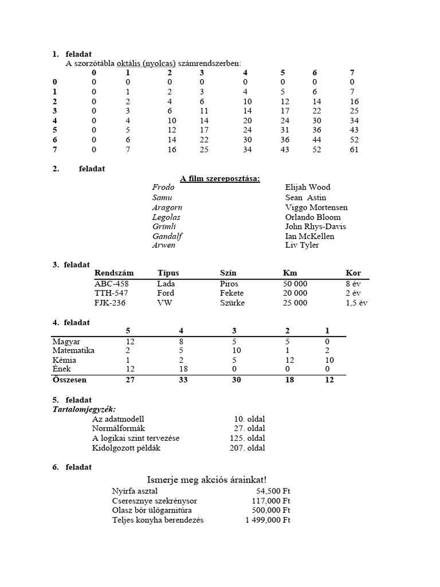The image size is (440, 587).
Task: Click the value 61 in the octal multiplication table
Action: pos(354,150)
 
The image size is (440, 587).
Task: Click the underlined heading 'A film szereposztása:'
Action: pos(220,179)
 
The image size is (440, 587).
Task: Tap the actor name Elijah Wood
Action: pos(308,187)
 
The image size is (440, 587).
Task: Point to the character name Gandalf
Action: pos(167,236)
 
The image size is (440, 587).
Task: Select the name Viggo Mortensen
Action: pos(316,207)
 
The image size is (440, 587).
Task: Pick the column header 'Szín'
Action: pos(228,273)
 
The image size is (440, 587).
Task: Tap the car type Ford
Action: pos(166,293)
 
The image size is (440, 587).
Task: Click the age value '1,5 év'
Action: pos(356,303)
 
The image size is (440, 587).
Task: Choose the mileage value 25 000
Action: pos(295,303)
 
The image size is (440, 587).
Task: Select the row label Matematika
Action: pos(73,350)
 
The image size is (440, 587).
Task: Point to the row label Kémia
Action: pos(64,360)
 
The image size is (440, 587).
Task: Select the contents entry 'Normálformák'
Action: pos(119,429)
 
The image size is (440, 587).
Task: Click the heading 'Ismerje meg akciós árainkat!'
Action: pos(207,479)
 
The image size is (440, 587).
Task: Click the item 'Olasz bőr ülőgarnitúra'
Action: pos(152,510)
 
